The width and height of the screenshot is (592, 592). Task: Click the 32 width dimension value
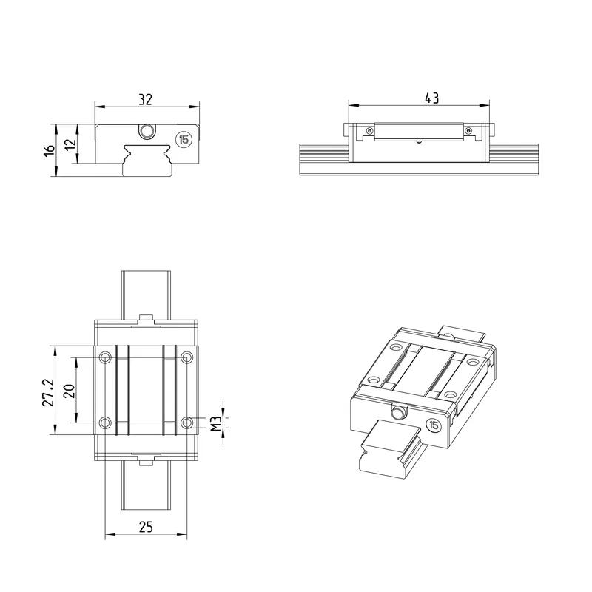145,99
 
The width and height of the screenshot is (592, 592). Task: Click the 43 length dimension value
431,98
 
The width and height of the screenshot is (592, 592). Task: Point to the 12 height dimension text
70,144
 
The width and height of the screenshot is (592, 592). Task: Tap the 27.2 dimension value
48,392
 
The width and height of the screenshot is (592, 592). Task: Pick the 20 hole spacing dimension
70,391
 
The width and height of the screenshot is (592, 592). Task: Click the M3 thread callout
215,423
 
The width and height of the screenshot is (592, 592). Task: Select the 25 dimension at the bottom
146,527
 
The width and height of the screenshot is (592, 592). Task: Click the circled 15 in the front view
184,139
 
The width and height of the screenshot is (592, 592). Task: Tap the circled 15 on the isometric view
434,425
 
